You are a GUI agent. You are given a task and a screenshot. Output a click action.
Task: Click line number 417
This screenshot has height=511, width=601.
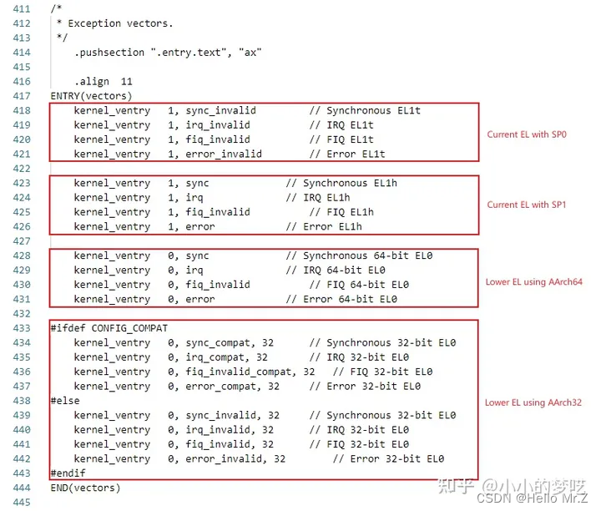tap(20, 96)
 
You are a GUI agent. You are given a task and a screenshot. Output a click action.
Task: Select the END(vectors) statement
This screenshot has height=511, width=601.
tap(85, 488)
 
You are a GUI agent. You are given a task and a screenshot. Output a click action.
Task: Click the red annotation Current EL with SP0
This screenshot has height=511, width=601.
tap(527, 134)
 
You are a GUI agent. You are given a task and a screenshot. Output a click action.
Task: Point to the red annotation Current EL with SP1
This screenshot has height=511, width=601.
tap(527, 205)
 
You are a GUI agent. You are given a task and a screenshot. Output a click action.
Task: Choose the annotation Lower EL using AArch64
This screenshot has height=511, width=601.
tap(534, 282)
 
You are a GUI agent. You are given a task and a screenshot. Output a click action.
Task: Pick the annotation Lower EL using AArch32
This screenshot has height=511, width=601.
tap(534, 402)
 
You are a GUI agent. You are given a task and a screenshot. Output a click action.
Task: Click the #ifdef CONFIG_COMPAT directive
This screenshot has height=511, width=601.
tap(109, 328)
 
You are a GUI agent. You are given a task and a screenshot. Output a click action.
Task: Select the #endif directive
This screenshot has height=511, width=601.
tap(68, 473)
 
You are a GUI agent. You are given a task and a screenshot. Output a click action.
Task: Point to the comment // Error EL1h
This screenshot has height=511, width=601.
tap(323, 226)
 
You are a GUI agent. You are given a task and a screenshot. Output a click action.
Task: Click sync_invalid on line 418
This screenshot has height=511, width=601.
tap(218, 110)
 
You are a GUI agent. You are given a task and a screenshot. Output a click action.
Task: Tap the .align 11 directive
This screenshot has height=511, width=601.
tap(103, 82)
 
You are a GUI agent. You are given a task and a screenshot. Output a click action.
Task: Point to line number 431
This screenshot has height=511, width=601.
tap(20, 299)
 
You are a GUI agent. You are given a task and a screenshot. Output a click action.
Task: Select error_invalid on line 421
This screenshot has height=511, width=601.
tap(220, 154)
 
